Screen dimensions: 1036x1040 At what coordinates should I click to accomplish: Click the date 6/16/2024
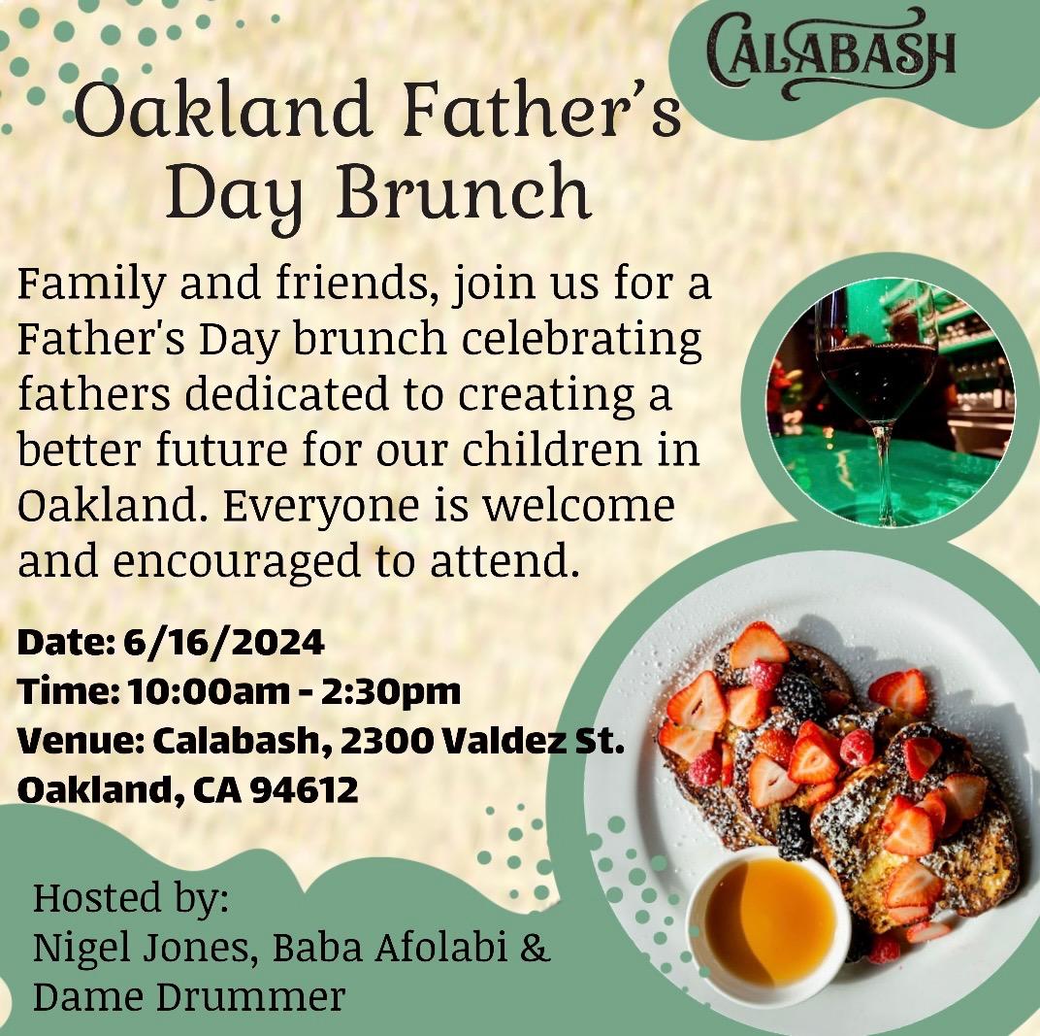[224, 642]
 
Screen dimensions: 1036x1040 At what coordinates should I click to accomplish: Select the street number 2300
[377, 740]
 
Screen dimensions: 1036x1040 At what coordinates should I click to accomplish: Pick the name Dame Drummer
[188, 996]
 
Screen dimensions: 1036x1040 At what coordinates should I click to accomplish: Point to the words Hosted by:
[131, 898]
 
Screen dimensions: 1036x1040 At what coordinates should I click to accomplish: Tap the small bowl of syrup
[769, 919]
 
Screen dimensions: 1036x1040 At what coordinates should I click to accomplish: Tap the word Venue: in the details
[76, 740]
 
